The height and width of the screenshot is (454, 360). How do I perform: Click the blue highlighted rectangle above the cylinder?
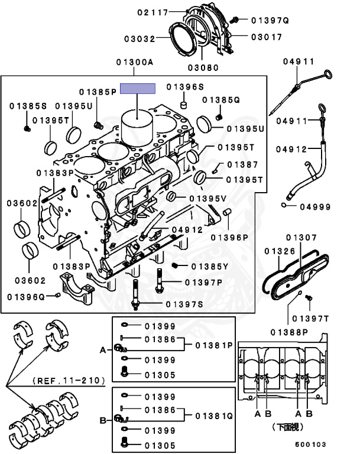[138, 89]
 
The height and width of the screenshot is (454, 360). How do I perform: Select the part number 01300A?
[134, 62]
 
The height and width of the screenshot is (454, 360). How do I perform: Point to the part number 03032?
[139, 39]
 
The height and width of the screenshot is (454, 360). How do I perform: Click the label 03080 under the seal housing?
[203, 67]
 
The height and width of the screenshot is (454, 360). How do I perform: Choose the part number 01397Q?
[269, 20]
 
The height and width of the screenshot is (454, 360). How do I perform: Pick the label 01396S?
[184, 86]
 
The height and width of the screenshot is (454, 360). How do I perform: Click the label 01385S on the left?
[28, 106]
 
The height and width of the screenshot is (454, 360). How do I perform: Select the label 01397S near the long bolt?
[184, 304]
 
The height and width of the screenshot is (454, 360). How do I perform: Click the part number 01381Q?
[213, 416]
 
